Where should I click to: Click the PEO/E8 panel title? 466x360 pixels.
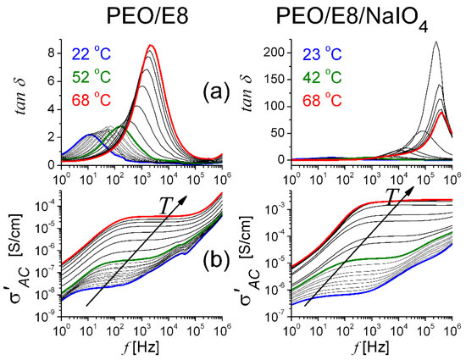[x=147, y=16]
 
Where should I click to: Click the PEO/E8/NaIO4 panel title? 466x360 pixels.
[x=352, y=19]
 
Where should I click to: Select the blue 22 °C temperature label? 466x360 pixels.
[x=91, y=54]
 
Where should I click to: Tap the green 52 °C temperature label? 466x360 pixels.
[x=91, y=77]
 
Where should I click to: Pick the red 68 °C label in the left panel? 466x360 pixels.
[x=91, y=100]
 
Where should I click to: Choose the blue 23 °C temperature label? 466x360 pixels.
[x=322, y=54]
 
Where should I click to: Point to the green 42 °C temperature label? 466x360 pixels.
[x=322, y=77]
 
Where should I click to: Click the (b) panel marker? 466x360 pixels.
[x=216, y=258]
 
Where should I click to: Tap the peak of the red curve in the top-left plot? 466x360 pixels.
[x=151, y=45]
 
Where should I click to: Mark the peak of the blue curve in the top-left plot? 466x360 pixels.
[x=89, y=135]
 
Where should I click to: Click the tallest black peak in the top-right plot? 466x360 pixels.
[x=435, y=42]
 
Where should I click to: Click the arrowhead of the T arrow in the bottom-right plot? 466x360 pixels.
[x=411, y=191]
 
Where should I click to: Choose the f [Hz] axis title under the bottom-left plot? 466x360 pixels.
[x=141, y=346]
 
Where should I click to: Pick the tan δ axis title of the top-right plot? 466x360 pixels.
[x=247, y=92]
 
